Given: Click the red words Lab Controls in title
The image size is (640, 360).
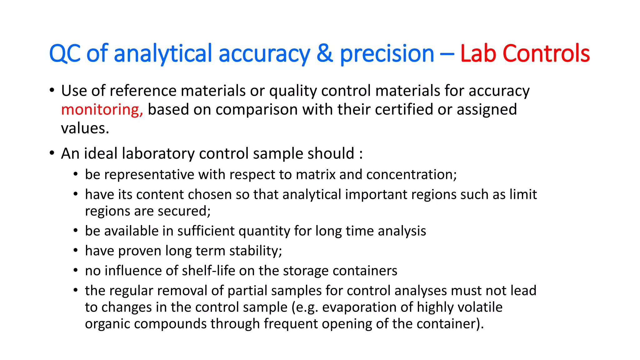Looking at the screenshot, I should point(525,53).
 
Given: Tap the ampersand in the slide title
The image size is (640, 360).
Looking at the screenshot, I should point(325,53).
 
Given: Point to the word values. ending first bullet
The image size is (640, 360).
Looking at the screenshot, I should point(85,128).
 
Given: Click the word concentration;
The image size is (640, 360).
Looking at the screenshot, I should point(411,174).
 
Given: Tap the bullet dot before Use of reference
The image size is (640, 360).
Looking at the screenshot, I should point(52,91).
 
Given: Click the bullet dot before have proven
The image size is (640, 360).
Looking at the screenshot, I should point(76,251).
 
